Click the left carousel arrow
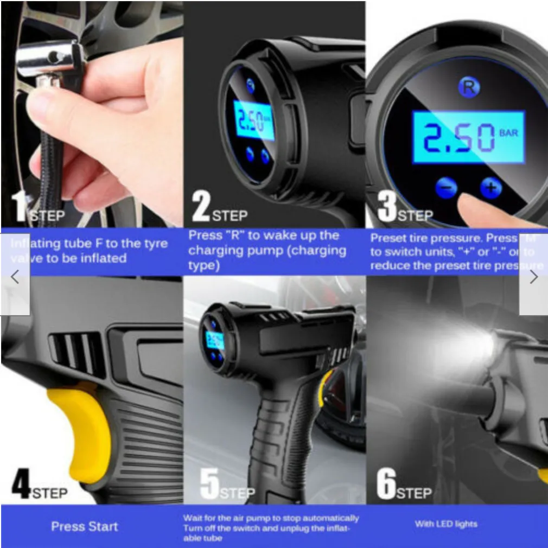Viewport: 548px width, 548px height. coord(15,277)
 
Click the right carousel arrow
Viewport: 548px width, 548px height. coord(533,277)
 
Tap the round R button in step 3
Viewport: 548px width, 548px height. coord(468,87)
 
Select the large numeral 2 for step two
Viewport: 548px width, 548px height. coord(200,208)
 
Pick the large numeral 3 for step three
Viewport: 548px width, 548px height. coord(386,208)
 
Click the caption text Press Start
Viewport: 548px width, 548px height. coord(84,526)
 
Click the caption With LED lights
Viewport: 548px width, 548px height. coord(446,524)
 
